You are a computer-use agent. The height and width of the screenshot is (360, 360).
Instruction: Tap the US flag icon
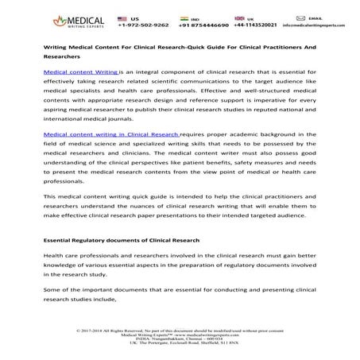click(121, 17)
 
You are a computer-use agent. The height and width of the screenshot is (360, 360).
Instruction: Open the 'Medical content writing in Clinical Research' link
click(110, 135)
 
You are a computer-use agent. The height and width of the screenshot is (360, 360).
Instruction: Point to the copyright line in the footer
click(180, 328)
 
